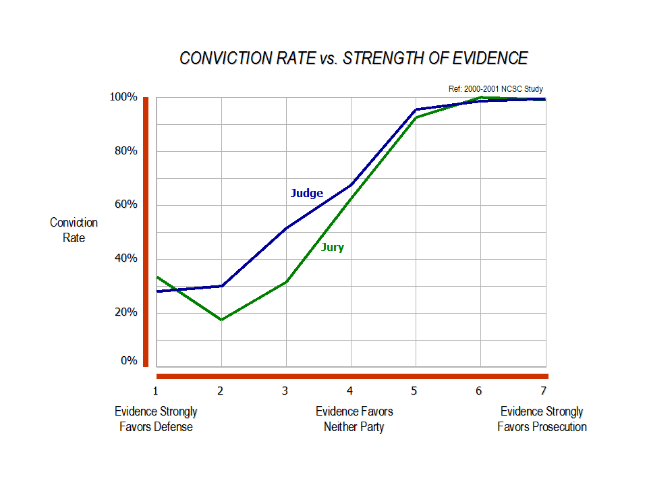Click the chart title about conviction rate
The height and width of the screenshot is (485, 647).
tap(354, 59)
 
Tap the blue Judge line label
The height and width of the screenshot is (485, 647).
tap(307, 194)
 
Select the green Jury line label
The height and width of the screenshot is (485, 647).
tap(332, 248)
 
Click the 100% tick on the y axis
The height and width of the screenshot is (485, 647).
tap(123, 97)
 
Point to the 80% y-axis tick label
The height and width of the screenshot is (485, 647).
tap(125, 151)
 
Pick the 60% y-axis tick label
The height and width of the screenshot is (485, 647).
tap(125, 205)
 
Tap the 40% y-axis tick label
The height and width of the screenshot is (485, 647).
tap(125, 259)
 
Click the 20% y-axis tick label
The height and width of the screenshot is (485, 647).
tap(125, 313)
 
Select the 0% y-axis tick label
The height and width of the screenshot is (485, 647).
tap(128, 361)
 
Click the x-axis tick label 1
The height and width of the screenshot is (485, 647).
tap(155, 391)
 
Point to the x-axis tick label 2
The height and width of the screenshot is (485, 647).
tap(221, 391)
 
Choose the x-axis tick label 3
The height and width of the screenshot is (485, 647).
tap(285, 391)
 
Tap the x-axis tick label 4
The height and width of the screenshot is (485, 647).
tap(350, 391)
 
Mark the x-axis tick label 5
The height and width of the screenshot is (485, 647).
tap(414, 391)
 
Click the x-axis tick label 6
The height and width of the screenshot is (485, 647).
tap(479, 391)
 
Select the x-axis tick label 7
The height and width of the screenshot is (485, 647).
tap(543, 391)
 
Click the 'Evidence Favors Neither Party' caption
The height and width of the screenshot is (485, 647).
tap(354, 419)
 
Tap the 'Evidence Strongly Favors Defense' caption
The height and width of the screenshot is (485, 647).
tap(156, 419)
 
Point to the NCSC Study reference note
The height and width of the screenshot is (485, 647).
tap(495, 89)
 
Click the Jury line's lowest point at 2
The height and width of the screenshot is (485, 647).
tap(221, 320)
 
